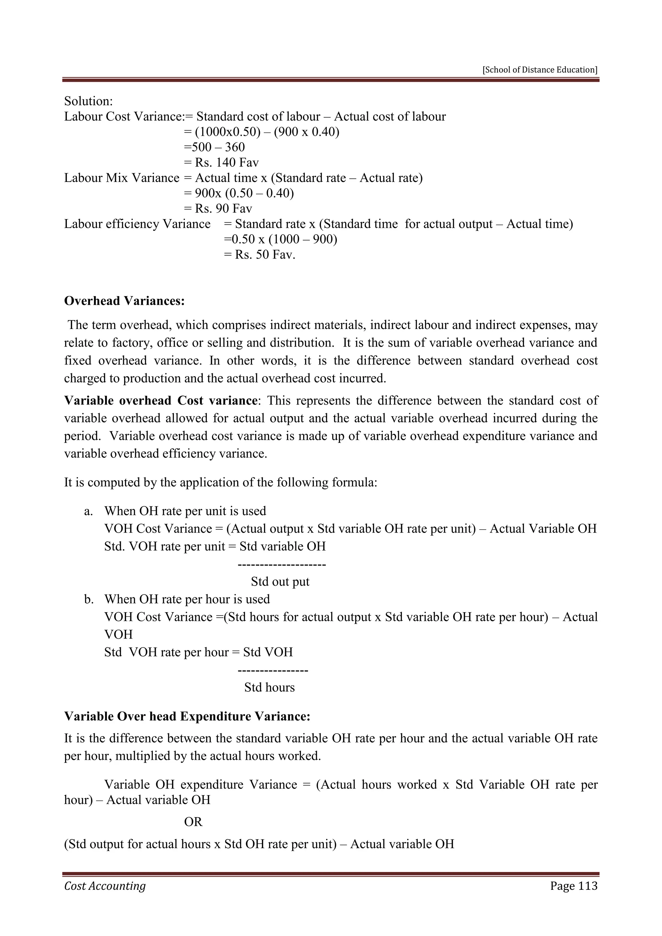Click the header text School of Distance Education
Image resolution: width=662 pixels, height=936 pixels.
click(540, 70)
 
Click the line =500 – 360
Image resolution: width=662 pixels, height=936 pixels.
click(214, 147)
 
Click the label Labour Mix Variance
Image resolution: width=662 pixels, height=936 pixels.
click(122, 178)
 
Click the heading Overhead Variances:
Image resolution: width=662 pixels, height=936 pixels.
click(124, 301)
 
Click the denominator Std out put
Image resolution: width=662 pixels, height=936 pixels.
click(280, 581)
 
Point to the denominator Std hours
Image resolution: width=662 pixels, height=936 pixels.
click(270, 687)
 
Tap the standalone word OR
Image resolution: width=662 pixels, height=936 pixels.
click(193, 822)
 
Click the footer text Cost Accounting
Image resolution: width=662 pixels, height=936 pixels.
click(105, 886)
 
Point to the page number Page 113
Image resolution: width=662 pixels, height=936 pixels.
click(573, 886)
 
